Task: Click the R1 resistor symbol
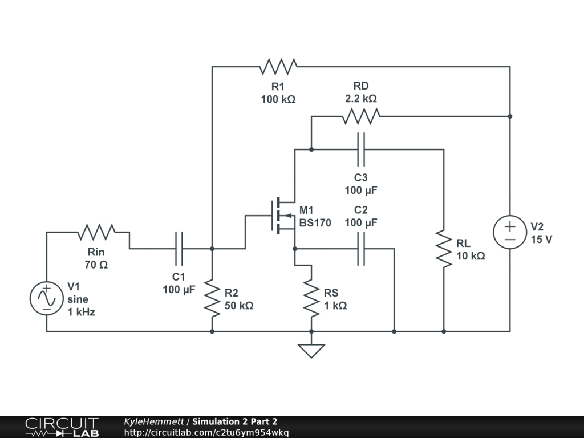278,67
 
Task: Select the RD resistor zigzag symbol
361,116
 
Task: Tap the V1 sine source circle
46,298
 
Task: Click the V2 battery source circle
509,232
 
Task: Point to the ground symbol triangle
311,350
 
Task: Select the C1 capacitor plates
179,249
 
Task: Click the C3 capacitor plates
361,149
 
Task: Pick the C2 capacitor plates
361,249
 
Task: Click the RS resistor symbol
311,298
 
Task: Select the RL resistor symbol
444,249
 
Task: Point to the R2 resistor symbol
212,298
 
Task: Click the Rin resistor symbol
96,232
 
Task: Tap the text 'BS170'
315,223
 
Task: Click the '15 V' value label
541,240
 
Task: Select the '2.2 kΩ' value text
361,99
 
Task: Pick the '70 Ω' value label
96,265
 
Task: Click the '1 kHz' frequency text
81,312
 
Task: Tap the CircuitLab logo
62,427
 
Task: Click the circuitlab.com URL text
206,432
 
